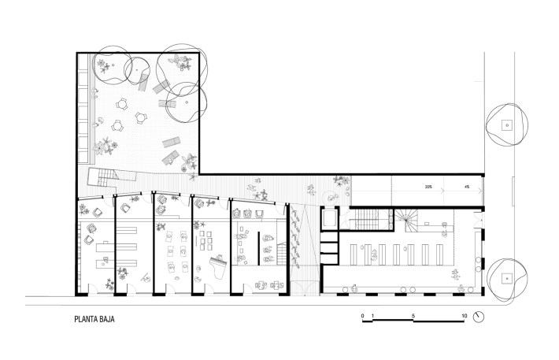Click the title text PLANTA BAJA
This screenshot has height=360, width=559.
(x=94, y=319)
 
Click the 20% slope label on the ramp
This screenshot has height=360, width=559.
(x=428, y=187)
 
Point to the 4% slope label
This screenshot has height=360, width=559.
(x=467, y=187)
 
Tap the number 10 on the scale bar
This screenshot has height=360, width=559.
(x=465, y=316)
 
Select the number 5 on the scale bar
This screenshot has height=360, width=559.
(x=413, y=316)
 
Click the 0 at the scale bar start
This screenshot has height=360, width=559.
(x=363, y=316)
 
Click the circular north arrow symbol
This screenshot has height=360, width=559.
(x=479, y=317)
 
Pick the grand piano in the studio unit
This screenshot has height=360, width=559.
(x=218, y=265)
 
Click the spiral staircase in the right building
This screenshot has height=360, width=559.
(x=405, y=220)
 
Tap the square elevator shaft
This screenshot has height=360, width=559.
(x=328, y=218)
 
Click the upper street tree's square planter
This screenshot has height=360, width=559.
(x=506, y=125)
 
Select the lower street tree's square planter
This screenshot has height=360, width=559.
(x=506, y=278)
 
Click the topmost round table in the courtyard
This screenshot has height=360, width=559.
(x=122, y=104)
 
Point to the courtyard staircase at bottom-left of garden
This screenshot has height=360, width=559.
(x=107, y=177)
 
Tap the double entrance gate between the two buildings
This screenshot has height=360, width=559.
(x=304, y=288)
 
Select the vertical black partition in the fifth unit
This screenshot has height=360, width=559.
(x=259, y=248)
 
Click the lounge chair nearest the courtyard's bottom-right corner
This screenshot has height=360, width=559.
(x=170, y=158)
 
